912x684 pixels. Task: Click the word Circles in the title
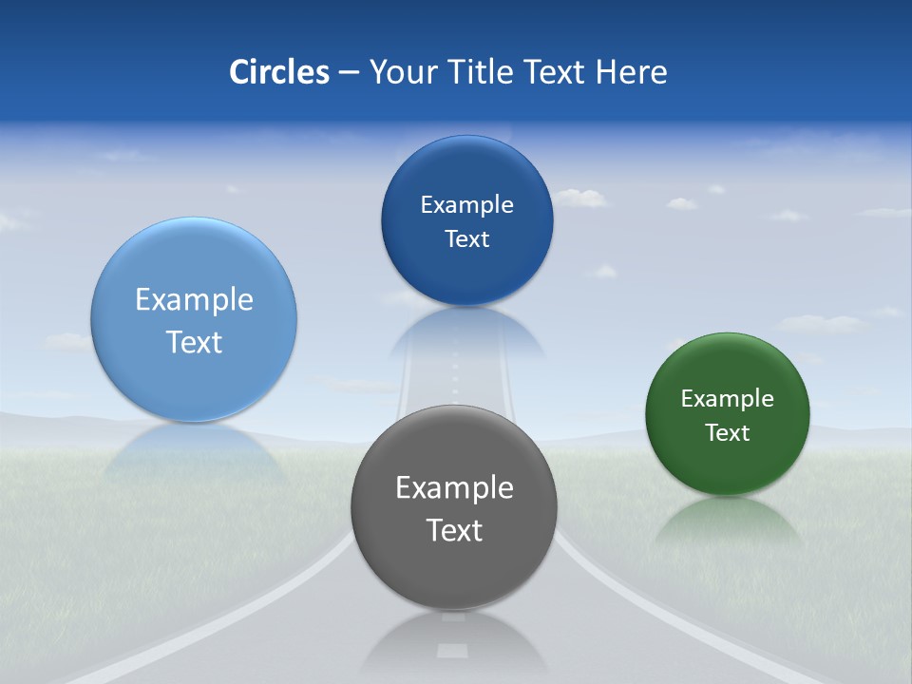(x=278, y=72)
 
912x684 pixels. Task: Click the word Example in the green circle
(x=728, y=399)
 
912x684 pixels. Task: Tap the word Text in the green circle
(x=728, y=433)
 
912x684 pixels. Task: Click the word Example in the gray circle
(x=454, y=487)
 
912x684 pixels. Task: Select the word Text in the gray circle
(x=454, y=530)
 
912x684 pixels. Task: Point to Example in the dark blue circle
(x=467, y=205)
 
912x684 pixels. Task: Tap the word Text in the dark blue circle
(x=467, y=239)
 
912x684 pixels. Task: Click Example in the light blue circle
(x=194, y=300)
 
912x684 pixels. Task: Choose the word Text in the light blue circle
(x=194, y=342)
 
